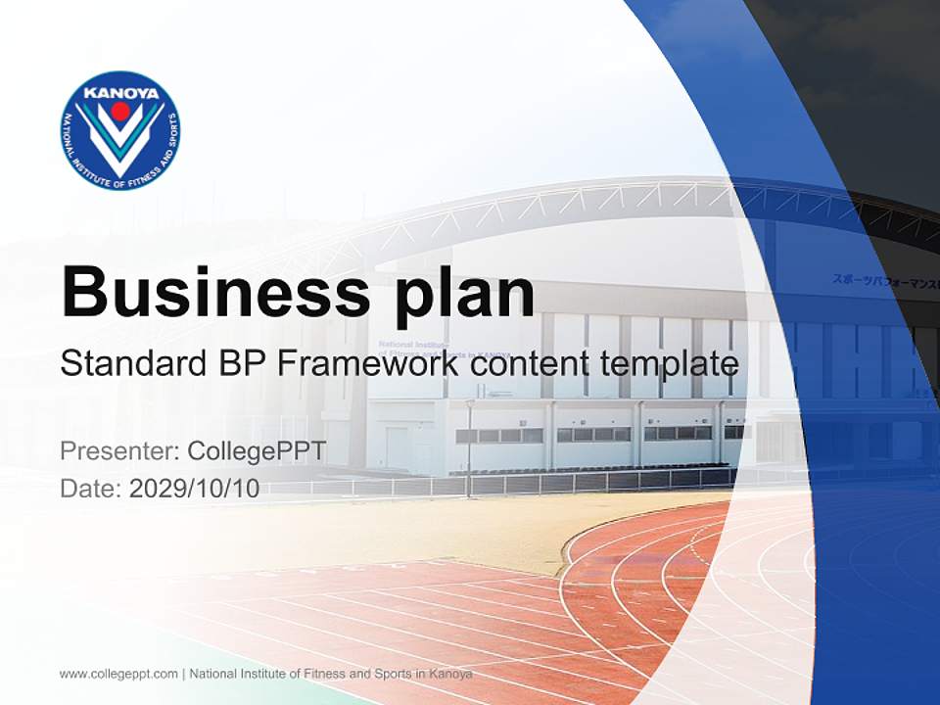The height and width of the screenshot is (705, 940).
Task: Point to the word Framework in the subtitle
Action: tap(367, 364)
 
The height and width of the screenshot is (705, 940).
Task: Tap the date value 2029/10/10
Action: tap(194, 489)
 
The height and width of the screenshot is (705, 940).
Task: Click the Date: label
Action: tap(91, 489)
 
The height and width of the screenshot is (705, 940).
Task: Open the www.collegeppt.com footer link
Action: tap(118, 674)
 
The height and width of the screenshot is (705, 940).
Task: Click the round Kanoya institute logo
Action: tap(119, 130)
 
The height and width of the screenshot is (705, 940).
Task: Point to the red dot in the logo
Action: tap(119, 111)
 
